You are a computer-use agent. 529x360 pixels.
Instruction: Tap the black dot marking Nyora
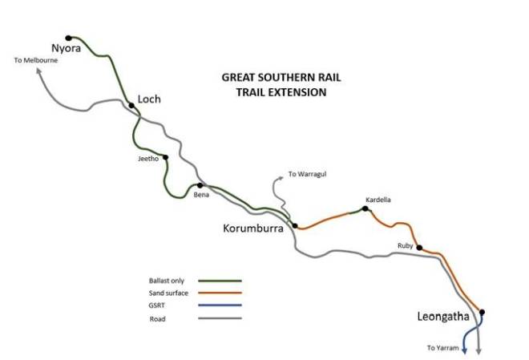(69, 38)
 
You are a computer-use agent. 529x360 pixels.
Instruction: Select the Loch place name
(149, 99)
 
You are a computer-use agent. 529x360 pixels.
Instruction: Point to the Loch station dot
(131, 105)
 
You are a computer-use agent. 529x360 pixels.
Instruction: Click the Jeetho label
(149, 159)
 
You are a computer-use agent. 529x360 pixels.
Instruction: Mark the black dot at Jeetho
(165, 157)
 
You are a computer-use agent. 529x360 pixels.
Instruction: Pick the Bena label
(201, 194)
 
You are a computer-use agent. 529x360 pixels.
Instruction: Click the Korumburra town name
(253, 229)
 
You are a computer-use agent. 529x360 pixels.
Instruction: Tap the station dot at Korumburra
(295, 225)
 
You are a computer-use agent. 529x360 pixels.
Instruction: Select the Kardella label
(378, 200)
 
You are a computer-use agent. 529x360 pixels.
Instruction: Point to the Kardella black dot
(365, 208)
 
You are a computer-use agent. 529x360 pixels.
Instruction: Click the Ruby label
(405, 246)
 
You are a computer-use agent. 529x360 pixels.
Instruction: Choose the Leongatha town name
(443, 318)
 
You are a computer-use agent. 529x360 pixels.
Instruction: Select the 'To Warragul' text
(308, 174)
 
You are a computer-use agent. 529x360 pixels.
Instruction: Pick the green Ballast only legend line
(219, 281)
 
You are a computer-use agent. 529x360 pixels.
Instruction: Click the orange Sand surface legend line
(219, 293)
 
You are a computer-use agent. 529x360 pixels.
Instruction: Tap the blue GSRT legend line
(219, 306)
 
